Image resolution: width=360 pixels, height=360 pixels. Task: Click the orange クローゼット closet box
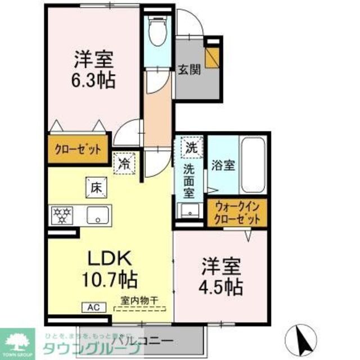tap(78, 150)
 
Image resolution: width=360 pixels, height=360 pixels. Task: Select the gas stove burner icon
tap(61, 214)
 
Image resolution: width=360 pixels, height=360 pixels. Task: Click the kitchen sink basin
tap(100, 214)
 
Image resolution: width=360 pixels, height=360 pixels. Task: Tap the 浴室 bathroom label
tap(223, 166)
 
